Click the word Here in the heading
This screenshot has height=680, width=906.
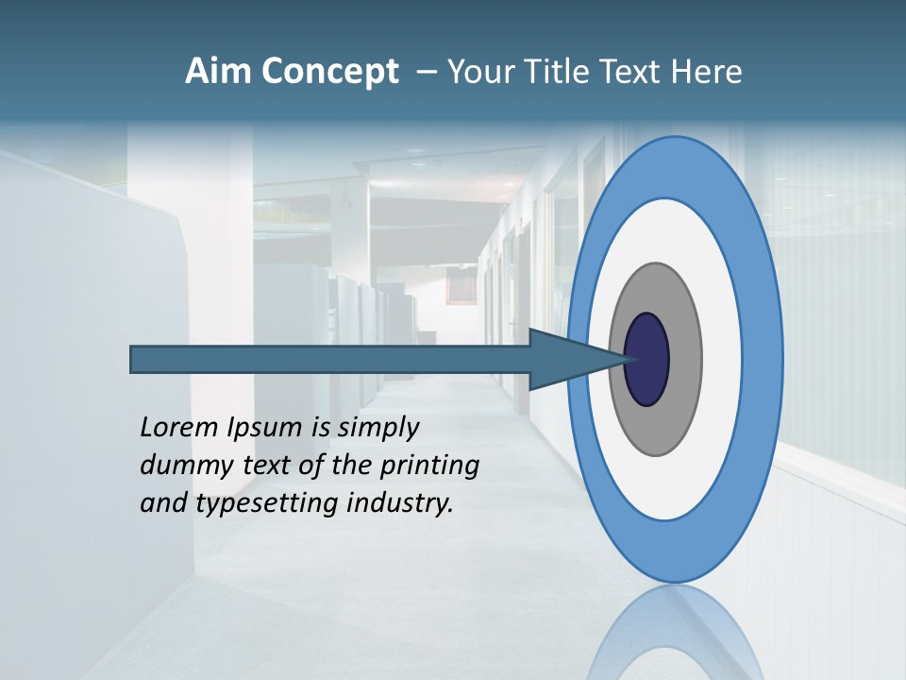click(x=706, y=72)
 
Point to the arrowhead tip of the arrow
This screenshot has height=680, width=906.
click(x=626, y=359)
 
